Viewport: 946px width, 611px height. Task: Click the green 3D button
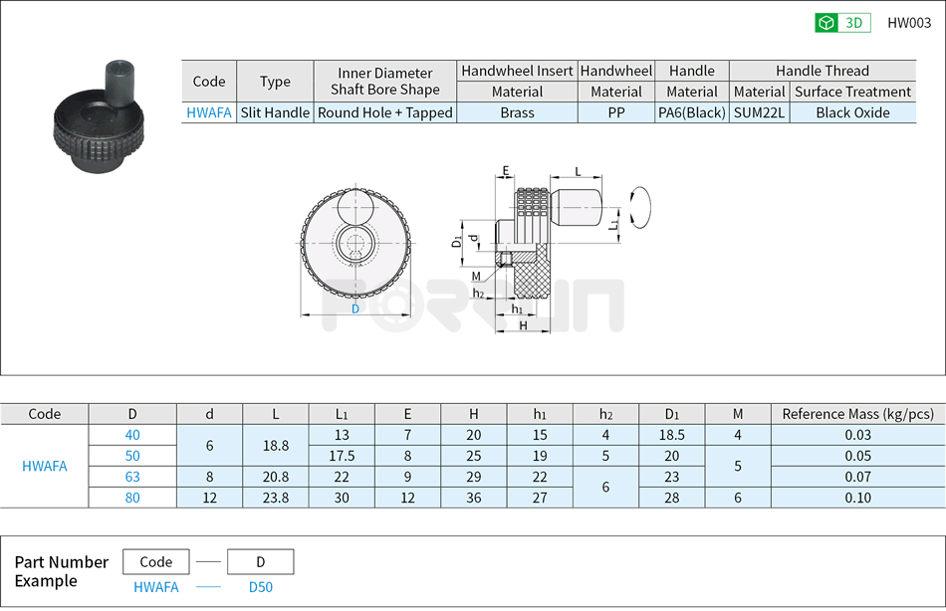[842, 23]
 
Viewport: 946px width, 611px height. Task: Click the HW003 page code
[908, 23]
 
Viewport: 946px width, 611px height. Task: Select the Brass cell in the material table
[517, 112]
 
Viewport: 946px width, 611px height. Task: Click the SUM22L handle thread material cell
[759, 112]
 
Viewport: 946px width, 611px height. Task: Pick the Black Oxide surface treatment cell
[852, 112]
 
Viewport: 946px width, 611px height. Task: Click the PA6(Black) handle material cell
[692, 112]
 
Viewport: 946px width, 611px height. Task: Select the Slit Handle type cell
[275, 112]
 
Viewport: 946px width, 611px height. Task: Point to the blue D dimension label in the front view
[355, 308]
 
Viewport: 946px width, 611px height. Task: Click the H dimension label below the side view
[523, 325]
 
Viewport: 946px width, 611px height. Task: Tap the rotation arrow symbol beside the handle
[641, 207]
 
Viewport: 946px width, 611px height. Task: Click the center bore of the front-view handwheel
[355, 245]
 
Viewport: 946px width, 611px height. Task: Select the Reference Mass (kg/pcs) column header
[857, 414]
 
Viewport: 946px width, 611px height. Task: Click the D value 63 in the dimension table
[132, 477]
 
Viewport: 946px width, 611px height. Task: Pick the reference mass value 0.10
[857, 498]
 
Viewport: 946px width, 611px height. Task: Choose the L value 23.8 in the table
[276, 498]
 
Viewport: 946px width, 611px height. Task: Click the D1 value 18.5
[672, 435]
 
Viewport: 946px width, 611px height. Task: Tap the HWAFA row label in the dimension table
[45, 466]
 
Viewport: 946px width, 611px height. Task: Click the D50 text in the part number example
[260, 587]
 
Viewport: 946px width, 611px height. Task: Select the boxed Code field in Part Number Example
[155, 562]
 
